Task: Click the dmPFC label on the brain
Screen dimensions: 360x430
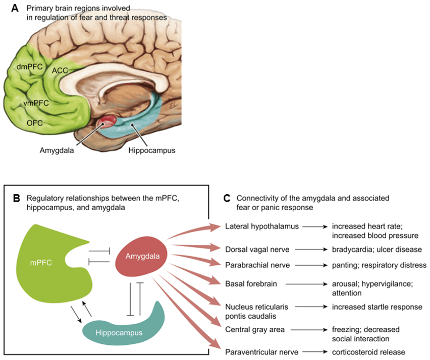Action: coord(26,65)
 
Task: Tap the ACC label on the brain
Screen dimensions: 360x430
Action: coord(60,71)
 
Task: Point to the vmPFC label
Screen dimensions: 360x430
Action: coord(35,103)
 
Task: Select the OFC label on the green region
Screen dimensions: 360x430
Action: coord(34,122)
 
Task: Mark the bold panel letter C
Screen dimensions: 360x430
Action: coord(227,199)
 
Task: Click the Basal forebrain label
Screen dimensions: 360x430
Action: coord(251,283)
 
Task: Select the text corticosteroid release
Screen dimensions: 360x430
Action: coord(368,352)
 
